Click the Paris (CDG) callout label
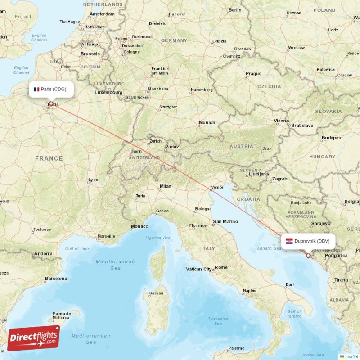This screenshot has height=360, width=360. point(50,89)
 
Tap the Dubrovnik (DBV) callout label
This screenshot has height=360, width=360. point(309,241)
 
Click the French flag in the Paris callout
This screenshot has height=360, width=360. point(36,89)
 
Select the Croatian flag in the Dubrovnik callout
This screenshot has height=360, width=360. point(290,241)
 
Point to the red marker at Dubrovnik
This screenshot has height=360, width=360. point(308,256)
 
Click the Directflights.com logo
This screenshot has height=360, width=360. point(34,338)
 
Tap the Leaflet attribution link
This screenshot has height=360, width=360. point(351,356)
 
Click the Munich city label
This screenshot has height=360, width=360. point(207,122)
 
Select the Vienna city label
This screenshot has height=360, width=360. point(282,121)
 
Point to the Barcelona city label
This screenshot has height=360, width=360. point(56,279)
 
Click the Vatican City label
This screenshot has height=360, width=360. point(199,269)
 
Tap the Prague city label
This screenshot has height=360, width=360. point(253,74)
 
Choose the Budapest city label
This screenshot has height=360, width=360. point(332,138)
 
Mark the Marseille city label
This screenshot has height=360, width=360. point(106,236)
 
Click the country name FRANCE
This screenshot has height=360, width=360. point(49,158)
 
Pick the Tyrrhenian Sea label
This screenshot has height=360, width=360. point(218,321)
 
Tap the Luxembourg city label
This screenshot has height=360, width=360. point(108,92)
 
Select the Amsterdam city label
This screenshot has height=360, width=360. point(102,14)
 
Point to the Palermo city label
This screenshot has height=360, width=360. point(236,348)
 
